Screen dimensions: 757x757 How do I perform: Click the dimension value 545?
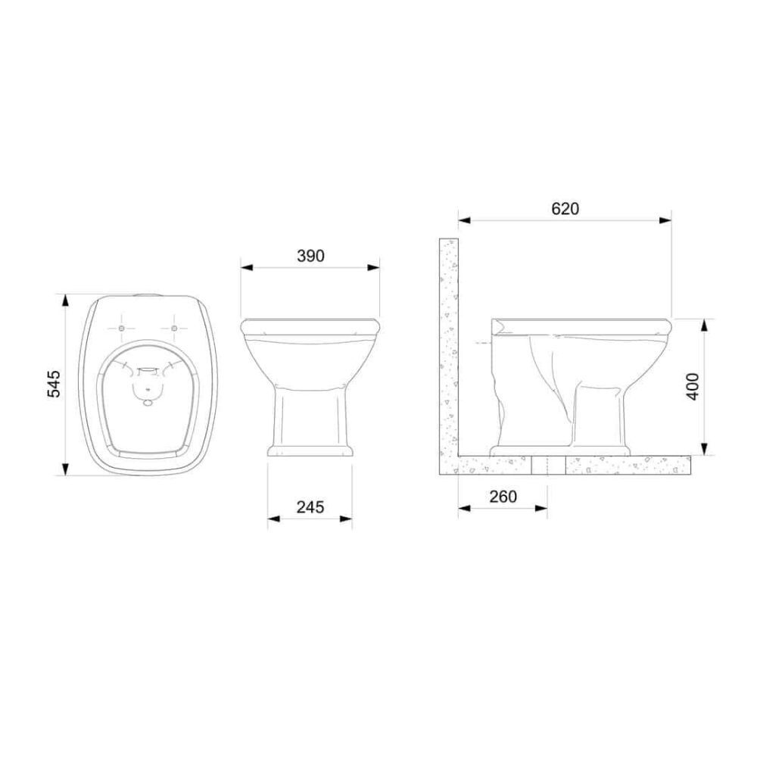(x=51, y=385)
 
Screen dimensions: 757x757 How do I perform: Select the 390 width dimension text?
(x=310, y=256)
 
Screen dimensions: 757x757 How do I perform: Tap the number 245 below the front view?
(x=310, y=507)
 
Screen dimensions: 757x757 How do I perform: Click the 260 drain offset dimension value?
(x=503, y=497)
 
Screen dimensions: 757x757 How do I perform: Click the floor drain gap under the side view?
(x=549, y=465)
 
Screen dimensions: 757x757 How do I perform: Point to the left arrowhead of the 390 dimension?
(x=245, y=266)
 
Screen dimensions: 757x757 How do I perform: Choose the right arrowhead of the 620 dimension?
(x=666, y=220)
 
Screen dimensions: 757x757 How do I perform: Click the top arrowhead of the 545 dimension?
(x=64, y=298)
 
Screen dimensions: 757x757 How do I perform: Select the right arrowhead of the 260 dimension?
(x=543, y=508)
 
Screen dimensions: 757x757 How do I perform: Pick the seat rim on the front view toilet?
(x=310, y=326)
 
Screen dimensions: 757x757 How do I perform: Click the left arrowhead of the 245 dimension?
(x=273, y=519)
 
